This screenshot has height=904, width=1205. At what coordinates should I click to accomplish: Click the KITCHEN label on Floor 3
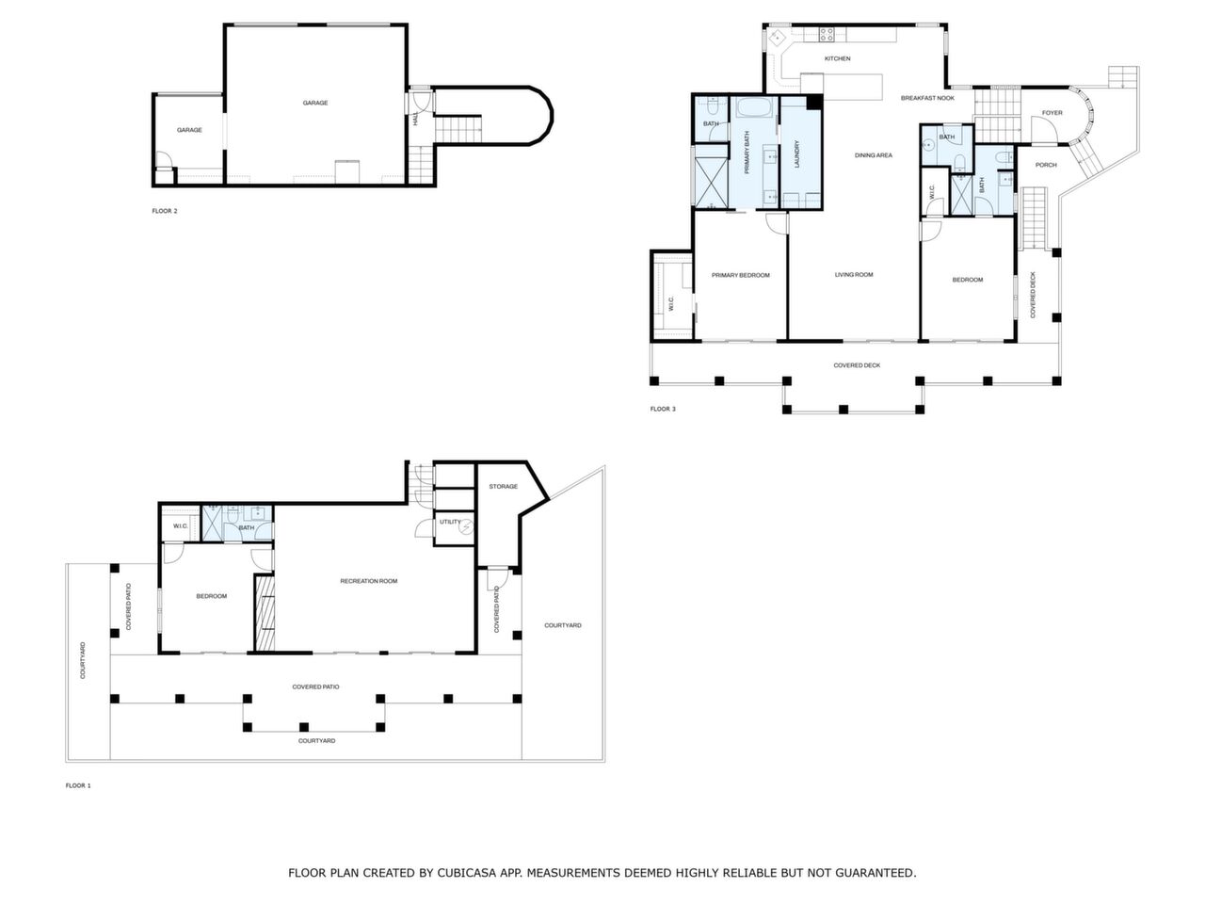837,58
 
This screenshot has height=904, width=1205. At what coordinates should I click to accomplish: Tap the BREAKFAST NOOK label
927,98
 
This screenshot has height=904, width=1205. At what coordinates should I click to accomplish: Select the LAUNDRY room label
796,154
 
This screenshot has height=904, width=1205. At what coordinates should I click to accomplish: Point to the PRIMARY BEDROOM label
740,276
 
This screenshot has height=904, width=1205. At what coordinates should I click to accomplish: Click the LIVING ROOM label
854,275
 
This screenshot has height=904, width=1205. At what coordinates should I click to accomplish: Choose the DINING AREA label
873,155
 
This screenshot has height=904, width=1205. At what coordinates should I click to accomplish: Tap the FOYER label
1052,113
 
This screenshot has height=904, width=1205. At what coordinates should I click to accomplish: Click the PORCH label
1046,165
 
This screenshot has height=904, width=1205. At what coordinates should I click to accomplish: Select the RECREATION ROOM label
368,581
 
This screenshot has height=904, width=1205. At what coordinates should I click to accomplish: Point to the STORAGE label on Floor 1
503,487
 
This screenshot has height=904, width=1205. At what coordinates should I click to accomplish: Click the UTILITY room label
449,522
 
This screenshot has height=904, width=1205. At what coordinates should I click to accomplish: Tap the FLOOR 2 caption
165,211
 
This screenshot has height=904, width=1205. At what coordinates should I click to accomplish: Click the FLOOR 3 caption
663,409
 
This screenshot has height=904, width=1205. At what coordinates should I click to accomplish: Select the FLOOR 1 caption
78,785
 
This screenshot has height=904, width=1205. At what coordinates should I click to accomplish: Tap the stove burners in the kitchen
827,36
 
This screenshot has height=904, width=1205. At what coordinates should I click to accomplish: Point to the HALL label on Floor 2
415,119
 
